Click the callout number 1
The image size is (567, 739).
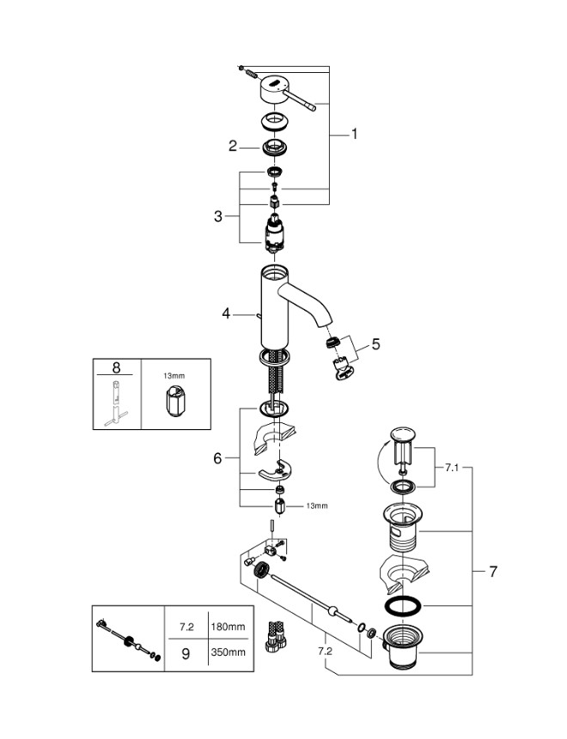(x=353, y=134)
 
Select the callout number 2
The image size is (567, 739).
(x=232, y=146)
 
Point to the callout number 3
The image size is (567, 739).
(x=218, y=216)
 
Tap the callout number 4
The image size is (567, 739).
(x=227, y=314)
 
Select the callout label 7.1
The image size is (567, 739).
(x=453, y=468)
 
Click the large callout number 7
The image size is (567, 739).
(x=494, y=570)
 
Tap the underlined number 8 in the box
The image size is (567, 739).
(x=117, y=368)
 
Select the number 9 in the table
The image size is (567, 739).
(x=186, y=652)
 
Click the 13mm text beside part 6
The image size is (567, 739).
(x=316, y=506)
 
